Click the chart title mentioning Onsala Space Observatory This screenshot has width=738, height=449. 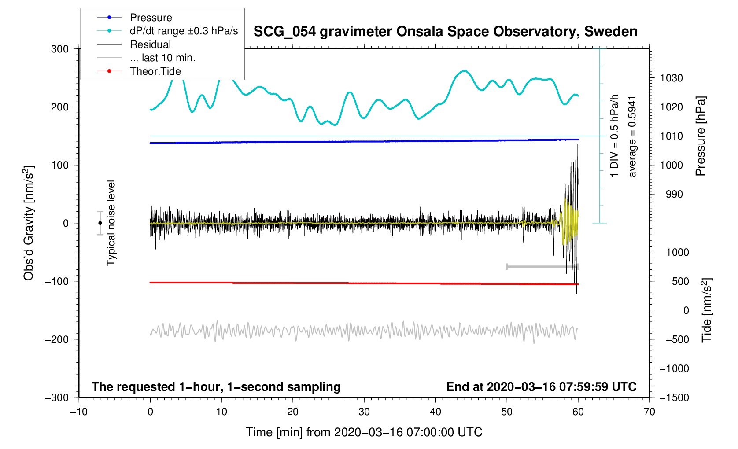445,32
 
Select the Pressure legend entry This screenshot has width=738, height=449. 151,18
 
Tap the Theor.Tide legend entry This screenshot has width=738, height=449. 155,71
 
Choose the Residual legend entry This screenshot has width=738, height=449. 150,44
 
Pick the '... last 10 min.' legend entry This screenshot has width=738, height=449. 162,58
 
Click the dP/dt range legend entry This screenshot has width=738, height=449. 184,31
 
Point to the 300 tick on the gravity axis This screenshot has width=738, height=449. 60,49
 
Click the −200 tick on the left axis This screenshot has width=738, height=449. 57,339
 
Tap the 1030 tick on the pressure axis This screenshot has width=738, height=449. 671,78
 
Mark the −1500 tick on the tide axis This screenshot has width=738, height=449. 674,397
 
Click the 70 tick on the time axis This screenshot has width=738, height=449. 649,412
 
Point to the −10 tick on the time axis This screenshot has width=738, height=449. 79,412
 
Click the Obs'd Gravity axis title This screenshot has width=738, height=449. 29,223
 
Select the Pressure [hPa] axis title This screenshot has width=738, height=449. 700,136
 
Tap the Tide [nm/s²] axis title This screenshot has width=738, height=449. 706,310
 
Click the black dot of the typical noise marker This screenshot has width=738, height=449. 100,223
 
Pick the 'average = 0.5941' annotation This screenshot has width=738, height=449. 632,136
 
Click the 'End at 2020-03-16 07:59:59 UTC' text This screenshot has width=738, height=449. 541,387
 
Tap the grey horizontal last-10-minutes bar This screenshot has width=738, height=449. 542,266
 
